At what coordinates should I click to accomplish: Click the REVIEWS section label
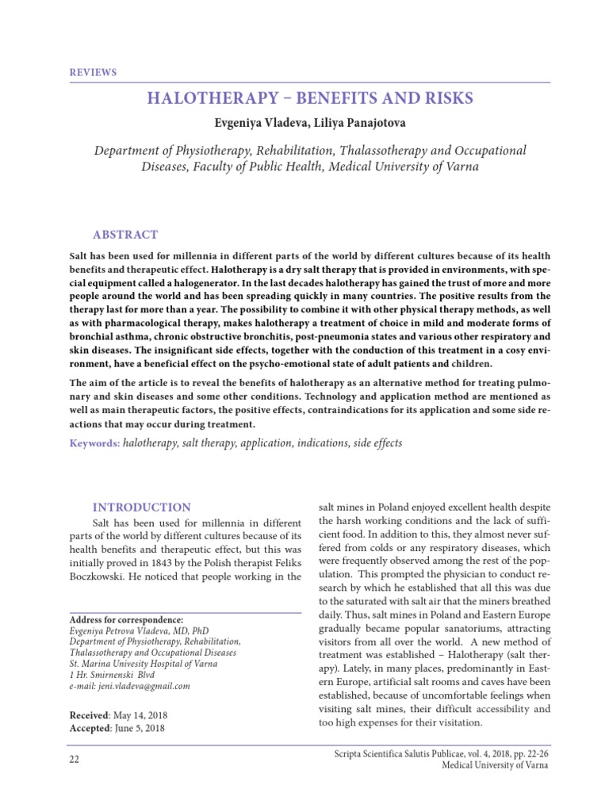coord(93,72)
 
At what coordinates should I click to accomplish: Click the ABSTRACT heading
coord(125,235)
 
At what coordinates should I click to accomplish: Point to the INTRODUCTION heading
coord(142,507)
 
